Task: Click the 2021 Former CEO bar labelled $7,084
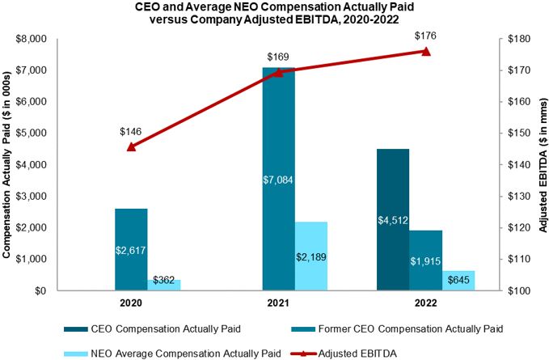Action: click(x=279, y=179)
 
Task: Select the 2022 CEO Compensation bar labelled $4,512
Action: click(x=392, y=219)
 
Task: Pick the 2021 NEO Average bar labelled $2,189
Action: click(x=311, y=256)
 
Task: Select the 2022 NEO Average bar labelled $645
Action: click(x=458, y=280)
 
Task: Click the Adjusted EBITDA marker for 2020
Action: click(x=131, y=146)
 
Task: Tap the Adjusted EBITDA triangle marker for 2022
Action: click(x=426, y=51)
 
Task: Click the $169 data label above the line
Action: click(x=278, y=57)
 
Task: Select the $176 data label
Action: click(x=425, y=36)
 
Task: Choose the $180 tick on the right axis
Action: click(x=517, y=39)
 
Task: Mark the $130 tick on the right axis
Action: click(x=517, y=196)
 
